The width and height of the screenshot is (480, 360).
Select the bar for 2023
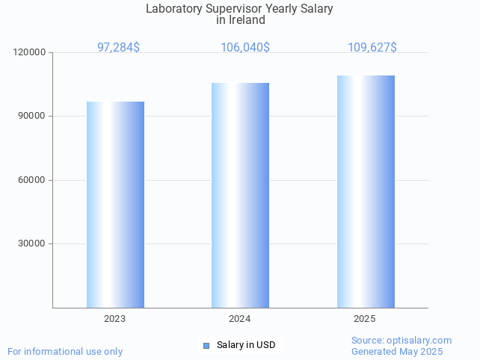115,205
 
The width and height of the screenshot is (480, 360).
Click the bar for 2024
240,195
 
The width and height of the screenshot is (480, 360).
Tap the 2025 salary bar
366,191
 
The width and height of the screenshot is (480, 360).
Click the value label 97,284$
118,48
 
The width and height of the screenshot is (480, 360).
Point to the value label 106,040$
245,48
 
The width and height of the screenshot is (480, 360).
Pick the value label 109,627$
372,48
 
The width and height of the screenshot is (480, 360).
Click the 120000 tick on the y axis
30,53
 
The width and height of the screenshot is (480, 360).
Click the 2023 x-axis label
115,319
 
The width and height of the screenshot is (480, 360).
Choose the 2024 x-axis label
240,319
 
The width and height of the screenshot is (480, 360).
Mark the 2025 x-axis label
365,319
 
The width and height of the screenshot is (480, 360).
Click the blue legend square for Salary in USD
206,345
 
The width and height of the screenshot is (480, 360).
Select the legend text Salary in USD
246,345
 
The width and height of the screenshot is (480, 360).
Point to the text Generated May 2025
397,352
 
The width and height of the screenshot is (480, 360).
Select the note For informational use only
65,352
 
